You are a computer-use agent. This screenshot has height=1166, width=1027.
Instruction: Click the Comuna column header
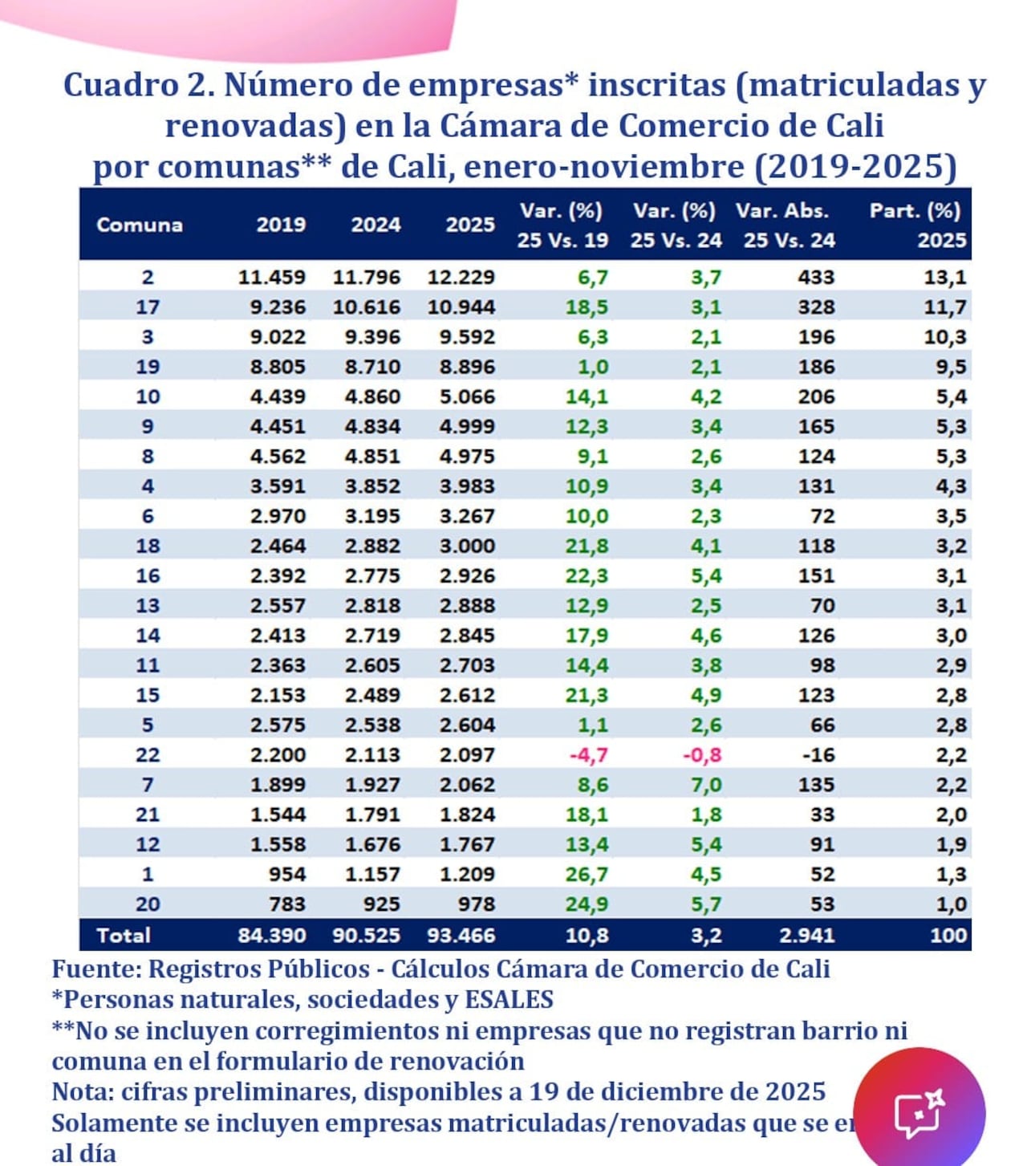tap(139, 225)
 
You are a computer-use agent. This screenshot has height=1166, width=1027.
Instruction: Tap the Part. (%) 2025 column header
tap(916, 225)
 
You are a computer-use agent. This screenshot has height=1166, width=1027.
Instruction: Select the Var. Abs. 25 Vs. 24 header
tap(787, 225)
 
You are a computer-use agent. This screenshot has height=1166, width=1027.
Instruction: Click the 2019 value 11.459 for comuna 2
tap(272, 278)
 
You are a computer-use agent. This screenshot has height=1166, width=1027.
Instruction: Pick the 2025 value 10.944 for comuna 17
tap(461, 307)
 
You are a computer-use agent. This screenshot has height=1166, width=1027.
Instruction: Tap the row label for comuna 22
tap(148, 755)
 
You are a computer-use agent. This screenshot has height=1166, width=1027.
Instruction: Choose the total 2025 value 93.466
tap(461, 936)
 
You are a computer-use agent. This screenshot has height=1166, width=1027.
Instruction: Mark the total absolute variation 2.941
tap(807, 936)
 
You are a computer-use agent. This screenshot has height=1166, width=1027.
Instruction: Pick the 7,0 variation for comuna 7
tap(706, 785)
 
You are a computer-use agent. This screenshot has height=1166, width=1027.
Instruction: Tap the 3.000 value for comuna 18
tap(467, 546)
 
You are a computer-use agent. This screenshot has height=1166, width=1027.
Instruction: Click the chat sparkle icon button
tap(919, 1112)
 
